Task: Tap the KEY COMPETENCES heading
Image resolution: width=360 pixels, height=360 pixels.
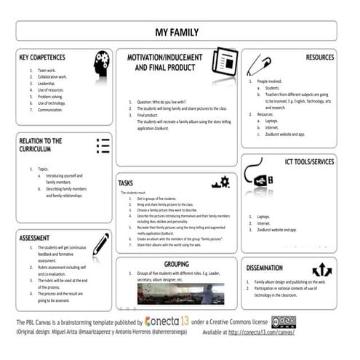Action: (42, 57)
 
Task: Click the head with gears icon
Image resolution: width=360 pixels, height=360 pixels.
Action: (102, 64)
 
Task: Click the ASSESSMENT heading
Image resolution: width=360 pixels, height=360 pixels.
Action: (35, 238)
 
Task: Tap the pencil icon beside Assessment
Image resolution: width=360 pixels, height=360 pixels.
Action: (100, 244)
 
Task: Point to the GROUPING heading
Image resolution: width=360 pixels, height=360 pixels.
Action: (177, 264)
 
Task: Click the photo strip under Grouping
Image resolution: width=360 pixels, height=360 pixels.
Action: (180, 293)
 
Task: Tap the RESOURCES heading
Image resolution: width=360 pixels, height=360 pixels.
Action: (319, 57)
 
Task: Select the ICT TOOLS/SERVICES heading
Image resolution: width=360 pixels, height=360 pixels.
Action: (308, 161)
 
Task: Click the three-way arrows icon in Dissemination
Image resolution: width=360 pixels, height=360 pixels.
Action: (321, 271)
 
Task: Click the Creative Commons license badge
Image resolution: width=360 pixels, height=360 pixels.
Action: (283, 321)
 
